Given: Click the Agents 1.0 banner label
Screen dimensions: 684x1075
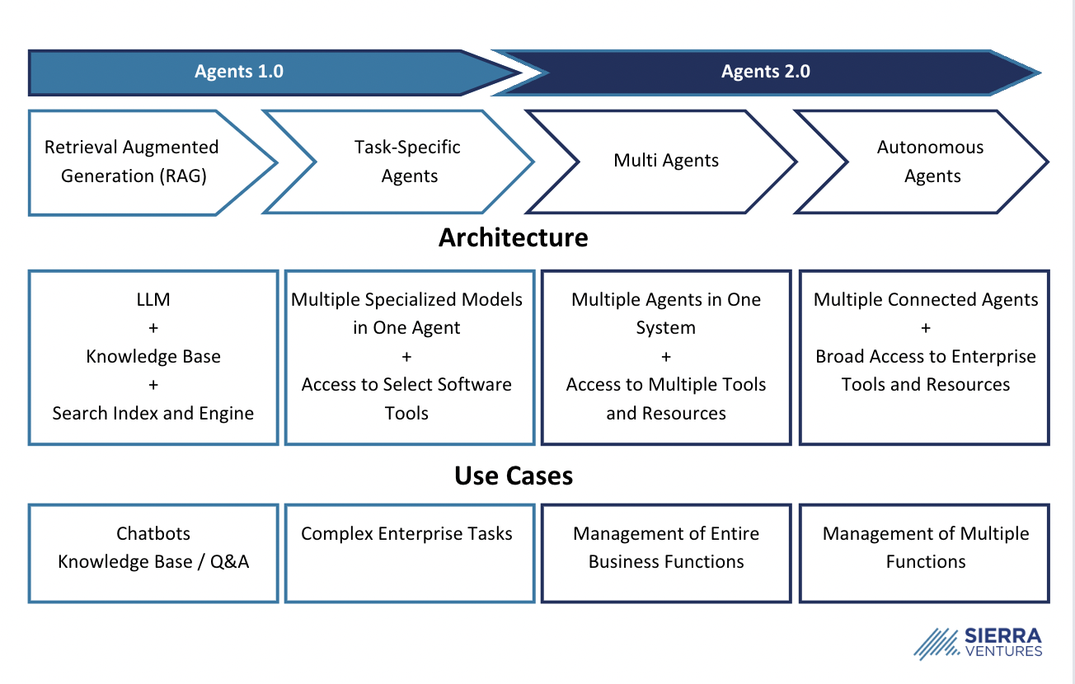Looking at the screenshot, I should (239, 72).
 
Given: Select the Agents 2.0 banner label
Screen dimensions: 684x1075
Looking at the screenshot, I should (765, 72).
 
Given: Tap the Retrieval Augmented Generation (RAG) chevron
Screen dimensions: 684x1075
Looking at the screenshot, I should (140, 162).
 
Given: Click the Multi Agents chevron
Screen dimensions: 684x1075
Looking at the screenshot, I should (666, 161).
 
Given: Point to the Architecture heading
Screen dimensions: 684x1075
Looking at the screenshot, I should (513, 237).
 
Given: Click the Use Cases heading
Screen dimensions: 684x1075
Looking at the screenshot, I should (513, 476).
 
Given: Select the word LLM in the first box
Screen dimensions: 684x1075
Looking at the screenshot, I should (153, 300).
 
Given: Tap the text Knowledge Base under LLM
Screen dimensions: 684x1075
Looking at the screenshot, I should (153, 357).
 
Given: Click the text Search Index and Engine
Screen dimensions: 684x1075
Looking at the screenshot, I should (153, 413).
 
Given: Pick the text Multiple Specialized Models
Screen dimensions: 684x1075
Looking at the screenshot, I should (406, 300).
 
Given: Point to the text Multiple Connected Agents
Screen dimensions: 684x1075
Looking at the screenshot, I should (926, 300).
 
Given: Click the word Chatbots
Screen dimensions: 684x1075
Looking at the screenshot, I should (153, 533).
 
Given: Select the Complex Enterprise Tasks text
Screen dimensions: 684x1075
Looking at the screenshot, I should (406, 533).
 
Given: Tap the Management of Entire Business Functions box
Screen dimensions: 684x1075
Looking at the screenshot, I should (666, 552).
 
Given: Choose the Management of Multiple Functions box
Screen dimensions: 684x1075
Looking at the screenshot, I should (925, 552).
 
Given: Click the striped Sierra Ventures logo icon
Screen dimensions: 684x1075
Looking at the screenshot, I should (937, 644).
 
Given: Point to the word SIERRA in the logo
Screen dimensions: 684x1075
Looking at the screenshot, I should (1002, 636).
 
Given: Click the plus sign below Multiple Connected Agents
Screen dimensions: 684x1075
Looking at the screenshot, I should (926, 328).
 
